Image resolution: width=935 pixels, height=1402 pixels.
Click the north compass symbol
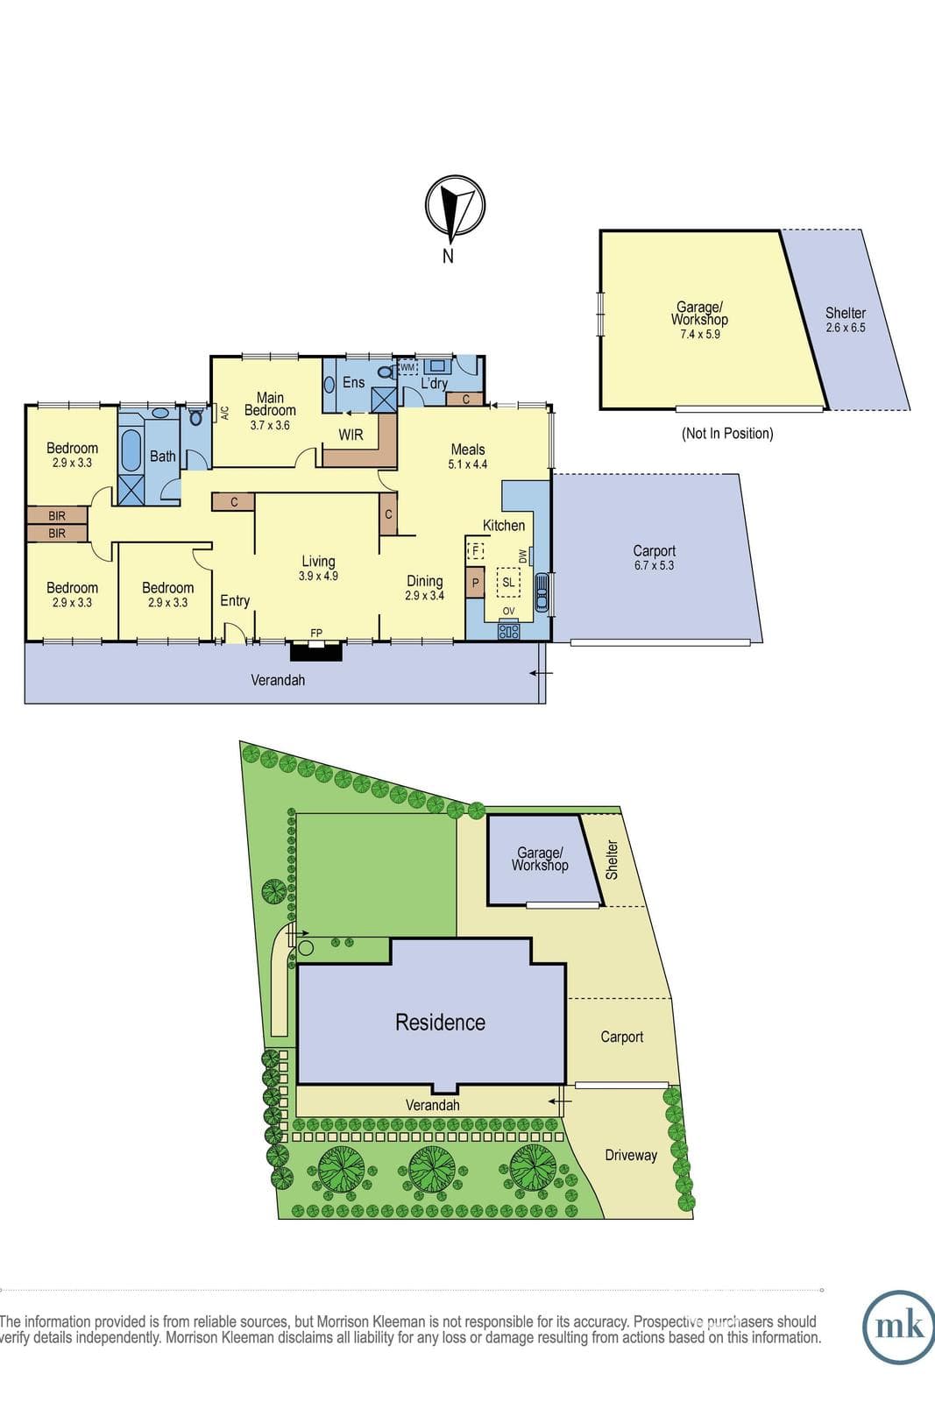coord(455,206)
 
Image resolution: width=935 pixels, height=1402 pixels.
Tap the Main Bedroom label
coord(271,404)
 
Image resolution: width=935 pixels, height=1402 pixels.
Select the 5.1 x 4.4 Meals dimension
coord(468,464)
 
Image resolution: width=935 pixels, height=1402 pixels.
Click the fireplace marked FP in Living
coord(316,650)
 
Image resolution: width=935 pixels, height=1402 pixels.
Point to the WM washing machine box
coord(407,367)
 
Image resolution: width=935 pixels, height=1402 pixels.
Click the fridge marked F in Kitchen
coord(476,551)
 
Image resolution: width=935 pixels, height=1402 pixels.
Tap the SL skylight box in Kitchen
coord(508,583)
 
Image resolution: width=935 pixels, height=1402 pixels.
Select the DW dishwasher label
coord(521,556)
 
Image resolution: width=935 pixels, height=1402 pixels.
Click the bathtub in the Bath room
coord(131,450)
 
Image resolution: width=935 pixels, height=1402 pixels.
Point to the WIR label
coord(351,435)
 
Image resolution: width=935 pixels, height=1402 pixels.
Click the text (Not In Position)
coord(727,433)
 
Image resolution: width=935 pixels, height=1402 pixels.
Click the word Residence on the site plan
coord(440,1022)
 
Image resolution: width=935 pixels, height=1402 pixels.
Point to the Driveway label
coord(631,1156)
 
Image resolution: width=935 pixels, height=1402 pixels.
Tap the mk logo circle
coord(899,1327)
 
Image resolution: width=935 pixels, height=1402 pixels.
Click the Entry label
coord(235,601)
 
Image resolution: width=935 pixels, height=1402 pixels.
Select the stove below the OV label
coord(508,630)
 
